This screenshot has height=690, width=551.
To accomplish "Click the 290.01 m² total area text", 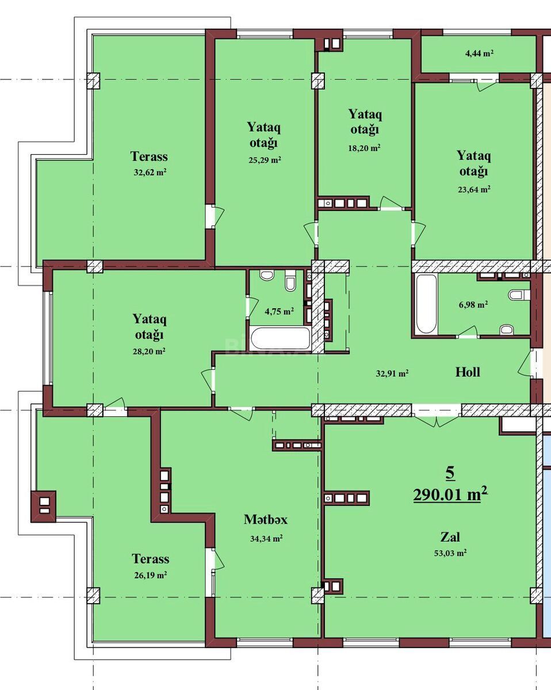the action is point(450,494).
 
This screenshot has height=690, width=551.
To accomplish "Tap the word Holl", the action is point(468,372).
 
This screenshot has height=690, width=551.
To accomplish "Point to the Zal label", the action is point(450,537).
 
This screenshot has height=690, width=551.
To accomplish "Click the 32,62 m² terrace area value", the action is point(150,172).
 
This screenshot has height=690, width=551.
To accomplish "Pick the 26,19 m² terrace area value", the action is point(150,575).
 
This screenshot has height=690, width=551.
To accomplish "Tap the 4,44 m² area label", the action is point(479,53).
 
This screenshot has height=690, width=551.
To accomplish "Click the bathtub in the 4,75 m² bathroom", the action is point(280,338).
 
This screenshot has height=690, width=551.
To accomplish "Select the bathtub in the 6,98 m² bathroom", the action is point(426,304).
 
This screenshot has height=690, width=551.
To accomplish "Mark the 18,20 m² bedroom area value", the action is point(364,148).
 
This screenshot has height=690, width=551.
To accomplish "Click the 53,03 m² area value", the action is point(450,553).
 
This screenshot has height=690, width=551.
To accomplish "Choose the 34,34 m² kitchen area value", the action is point(266,538).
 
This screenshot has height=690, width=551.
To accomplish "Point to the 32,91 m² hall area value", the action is point(392,373).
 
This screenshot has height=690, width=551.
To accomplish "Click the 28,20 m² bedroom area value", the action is point(149,351).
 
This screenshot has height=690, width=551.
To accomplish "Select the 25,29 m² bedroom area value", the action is point(265,160).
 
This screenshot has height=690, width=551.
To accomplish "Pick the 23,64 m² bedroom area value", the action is point(474,189).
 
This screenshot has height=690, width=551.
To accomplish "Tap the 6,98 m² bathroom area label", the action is point(473,304).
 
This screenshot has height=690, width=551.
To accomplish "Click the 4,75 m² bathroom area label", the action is point(280,311).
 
